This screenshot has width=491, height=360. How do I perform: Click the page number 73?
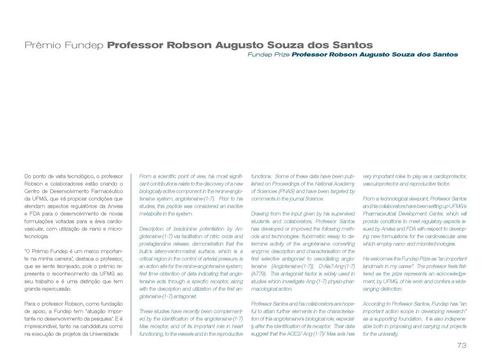click(461, 346)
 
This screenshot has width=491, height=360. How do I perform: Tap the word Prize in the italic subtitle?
click(280, 54)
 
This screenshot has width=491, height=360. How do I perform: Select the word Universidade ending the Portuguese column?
click(101, 334)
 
